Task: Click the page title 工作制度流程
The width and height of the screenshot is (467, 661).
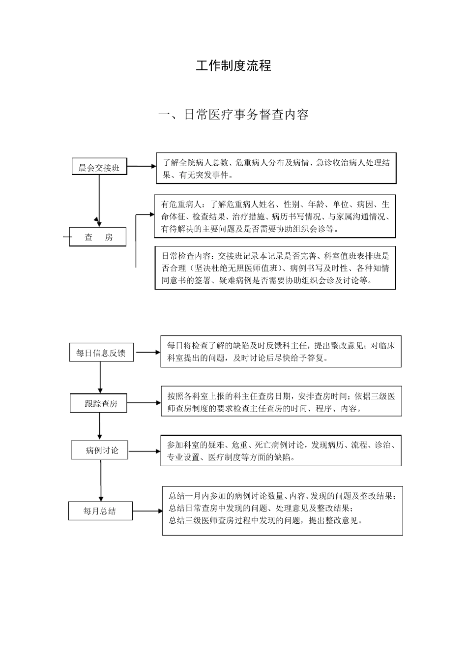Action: (x=233, y=66)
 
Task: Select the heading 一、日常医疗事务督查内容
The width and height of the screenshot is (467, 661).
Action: (x=233, y=115)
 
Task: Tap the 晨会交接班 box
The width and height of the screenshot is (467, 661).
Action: (x=99, y=167)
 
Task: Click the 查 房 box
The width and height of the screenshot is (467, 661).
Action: (x=98, y=237)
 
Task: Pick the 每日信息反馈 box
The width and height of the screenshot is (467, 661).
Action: (x=101, y=353)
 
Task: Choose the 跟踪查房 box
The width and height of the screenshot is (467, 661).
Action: (x=100, y=403)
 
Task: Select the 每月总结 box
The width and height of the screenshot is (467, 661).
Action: (x=100, y=511)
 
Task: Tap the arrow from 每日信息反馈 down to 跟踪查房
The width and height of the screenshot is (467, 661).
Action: (x=100, y=377)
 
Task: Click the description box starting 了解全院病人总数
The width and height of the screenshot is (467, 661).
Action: (x=276, y=169)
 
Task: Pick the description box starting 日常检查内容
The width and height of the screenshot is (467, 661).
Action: (x=275, y=268)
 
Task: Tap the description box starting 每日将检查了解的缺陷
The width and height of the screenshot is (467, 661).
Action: (x=281, y=352)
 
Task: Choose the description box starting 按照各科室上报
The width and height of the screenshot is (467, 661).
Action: (x=281, y=402)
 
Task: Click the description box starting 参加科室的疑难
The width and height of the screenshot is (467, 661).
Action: (x=281, y=451)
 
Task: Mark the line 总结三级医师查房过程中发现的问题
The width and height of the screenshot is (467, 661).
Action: (x=265, y=520)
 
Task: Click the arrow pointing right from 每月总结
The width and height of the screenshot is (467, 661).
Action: (x=147, y=511)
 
